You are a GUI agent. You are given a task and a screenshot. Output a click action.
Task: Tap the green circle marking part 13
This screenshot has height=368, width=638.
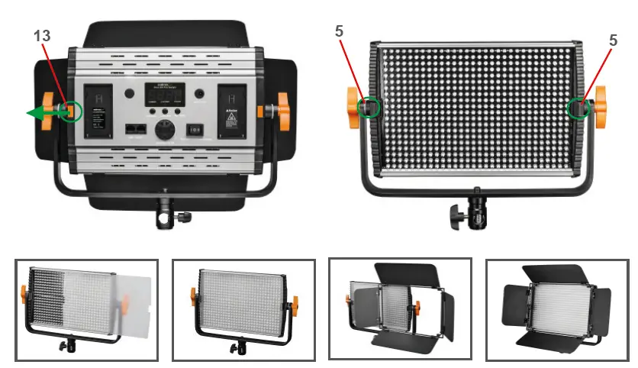[x=70, y=111]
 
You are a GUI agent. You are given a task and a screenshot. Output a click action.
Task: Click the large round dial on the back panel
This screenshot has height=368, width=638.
[x=164, y=130]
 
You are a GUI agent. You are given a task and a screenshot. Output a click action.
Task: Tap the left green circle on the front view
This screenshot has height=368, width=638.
[x=369, y=108]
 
